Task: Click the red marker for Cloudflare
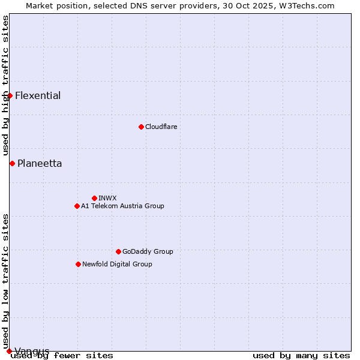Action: pyautogui.click(x=141, y=127)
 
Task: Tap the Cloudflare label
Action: pyautogui.click(x=161, y=127)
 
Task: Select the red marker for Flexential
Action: pyautogui.click(x=10, y=95)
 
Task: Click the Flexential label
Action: pyautogui.click(x=38, y=95)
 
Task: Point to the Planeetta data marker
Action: pyautogui.click(x=12, y=163)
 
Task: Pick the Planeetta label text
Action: pyautogui.click(x=40, y=163)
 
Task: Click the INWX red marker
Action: pyautogui.click(x=94, y=198)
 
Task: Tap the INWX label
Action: pyautogui.click(x=107, y=198)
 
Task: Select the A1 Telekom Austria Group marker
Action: pyautogui.click(x=77, y=206)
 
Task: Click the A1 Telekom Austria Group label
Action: pyautogui.click(x=122, y=206)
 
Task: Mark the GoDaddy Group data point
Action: pyautogui.click(x=118, y=251)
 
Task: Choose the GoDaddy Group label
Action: pyautogui.click(x=148, y=251)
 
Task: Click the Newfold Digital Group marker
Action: pyautogui.click(x=78, y=264)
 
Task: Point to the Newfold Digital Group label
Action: pyautogui.click(x=117, y=264)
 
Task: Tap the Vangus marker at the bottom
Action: pyautogui.click(x=9, y=351)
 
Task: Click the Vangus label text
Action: pyautogui.click(x=32, y=351)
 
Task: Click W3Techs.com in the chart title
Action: pyautogui.click(x=303, y=5)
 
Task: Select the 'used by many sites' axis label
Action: pyautogui.click(x=301, y=355)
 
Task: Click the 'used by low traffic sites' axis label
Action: pyautogui.click(x=5, y=276)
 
